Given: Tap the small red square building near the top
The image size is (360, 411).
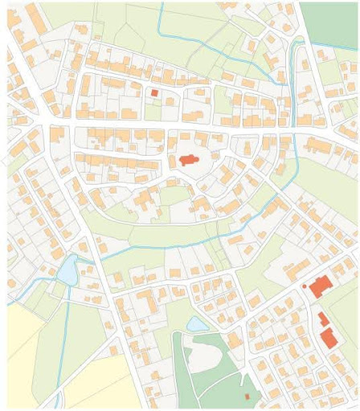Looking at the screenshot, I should [155, 93].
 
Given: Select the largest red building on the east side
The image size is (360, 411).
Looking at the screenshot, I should [321, 287].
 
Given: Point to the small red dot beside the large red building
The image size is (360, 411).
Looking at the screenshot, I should [305, 285].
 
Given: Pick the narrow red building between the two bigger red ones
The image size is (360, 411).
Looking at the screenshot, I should [323, 319].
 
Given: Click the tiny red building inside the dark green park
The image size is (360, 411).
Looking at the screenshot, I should [247, 397].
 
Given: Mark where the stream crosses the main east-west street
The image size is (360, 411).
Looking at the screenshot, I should [296, 131].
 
